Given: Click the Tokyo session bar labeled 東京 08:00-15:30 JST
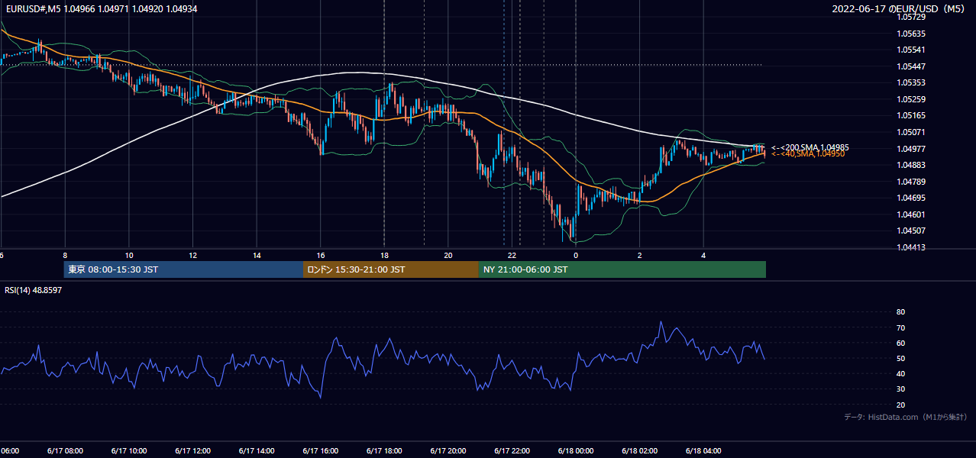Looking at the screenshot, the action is (x=183, y=269).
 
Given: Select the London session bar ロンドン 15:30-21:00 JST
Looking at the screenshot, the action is (x=391, y=269).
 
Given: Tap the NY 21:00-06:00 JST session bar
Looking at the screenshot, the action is (x=622, y=269).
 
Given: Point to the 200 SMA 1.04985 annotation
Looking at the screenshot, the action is (x=810, y=147).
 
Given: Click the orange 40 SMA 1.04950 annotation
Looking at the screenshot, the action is (x=808, y=153).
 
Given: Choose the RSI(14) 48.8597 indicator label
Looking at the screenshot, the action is (x=33, y=290).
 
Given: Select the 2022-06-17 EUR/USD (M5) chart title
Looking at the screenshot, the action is (x=898, y=8).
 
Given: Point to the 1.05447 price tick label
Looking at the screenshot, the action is (x=910, y=66).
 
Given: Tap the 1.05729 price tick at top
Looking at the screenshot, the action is (x=910, y=18).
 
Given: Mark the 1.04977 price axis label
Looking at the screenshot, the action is (x=910, y=149).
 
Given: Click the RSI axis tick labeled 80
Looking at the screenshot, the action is (x=900, y=311).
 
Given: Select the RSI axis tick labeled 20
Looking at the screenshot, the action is (x=900, y=405).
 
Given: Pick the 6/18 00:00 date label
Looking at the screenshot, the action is (x=576, y=451).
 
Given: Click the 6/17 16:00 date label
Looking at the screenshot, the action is (x=320, y=451).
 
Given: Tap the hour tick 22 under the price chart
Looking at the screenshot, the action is (x=512, y=256).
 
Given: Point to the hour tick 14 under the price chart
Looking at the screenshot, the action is (x=257, y=256).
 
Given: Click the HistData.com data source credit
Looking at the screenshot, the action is (x=906, y=417).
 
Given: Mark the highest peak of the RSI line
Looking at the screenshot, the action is (x=661, y=321).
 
